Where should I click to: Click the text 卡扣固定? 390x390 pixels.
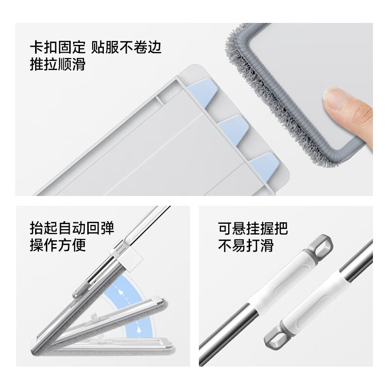(x=57, y=47)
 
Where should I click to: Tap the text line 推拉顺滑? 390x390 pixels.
(x=58, y=64)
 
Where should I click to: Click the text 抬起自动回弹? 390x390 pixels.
(x=72, y=228)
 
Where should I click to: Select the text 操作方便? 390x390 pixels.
(x=58, y=245)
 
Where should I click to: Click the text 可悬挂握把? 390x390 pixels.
(x=253, y=228)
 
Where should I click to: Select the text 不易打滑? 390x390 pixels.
(x=245, y=245)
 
